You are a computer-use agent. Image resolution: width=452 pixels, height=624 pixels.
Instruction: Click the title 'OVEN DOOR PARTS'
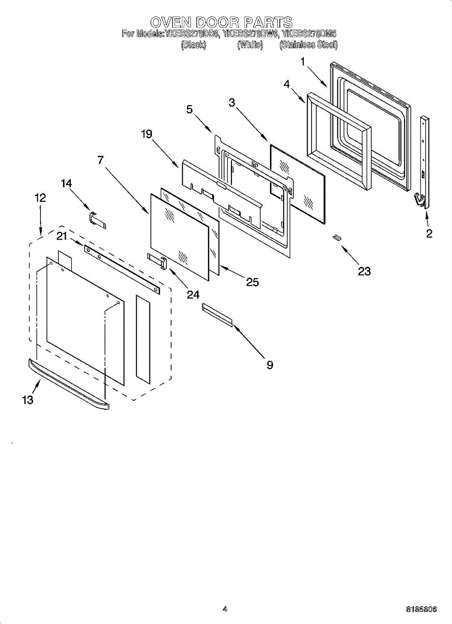coord(222,22)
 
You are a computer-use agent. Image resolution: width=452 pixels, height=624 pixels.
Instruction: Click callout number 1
coord(303,62)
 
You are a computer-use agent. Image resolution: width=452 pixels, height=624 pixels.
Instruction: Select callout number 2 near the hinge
coord(429,233)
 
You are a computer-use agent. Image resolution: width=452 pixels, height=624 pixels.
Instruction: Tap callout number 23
coord(364,271)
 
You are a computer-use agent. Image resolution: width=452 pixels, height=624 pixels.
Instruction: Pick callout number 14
coord(67,184)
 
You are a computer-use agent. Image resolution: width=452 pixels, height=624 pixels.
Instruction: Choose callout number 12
coord(40,198)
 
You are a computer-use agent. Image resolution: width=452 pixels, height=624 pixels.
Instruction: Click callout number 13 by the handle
coord(28,399)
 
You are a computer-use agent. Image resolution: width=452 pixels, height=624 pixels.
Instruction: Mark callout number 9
coord(269,365)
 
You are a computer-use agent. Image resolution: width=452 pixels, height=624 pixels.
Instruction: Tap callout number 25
coord(253,282)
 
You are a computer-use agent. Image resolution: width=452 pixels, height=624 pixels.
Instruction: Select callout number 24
coord(193,295)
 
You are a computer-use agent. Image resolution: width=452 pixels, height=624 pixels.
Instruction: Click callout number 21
coord(62,237)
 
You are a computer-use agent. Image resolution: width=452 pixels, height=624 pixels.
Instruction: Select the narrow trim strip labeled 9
coord(217,315)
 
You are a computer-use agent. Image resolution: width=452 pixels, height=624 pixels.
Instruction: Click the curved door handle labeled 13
coord(68,384)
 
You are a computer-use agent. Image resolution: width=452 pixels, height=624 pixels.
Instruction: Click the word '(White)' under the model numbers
coord(250,45)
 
